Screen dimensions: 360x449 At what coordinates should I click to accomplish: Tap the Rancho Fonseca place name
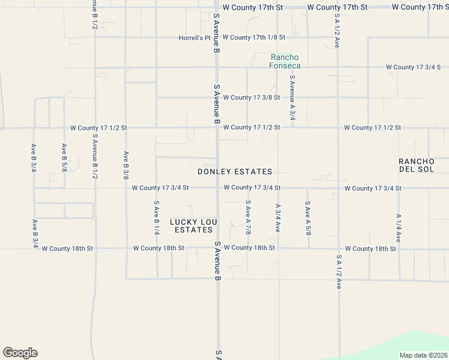click(285, 61)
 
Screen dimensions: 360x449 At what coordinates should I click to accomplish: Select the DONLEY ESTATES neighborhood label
click(235, 172)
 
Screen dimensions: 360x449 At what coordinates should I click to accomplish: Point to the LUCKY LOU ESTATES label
click(193, 226)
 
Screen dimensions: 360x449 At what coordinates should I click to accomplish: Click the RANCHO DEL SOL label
click(416, 165)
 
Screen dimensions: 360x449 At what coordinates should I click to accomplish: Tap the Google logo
click(20, 353)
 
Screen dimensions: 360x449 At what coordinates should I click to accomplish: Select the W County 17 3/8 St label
click(251, 97)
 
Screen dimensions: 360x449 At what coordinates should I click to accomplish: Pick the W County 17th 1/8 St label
click(253, 37)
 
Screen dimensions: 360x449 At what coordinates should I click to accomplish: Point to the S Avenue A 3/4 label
click(292, 98)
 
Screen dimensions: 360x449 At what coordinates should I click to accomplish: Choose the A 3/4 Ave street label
click(278, 218)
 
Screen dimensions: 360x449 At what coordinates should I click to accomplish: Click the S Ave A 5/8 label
click(307, 218)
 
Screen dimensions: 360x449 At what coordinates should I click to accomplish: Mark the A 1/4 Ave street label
click(398, 228)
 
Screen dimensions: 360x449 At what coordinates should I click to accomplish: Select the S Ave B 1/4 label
click(156, 218)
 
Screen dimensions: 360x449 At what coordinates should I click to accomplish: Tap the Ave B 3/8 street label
click(126, 165)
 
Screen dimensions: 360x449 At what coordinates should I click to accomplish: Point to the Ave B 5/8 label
click(64, 158)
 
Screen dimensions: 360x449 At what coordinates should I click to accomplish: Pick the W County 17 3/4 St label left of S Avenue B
click(160, 188)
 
